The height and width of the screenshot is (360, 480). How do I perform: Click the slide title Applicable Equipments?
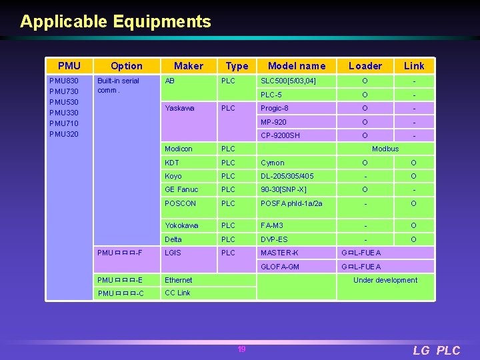click(115, 21)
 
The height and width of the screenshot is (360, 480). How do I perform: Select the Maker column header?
click(189, 65)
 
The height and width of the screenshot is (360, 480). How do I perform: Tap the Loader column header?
click(365, 65)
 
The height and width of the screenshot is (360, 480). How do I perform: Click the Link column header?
click(413, 65)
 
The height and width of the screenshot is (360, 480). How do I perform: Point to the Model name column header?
click(297, 65)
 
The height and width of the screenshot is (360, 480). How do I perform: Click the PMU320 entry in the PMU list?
click(64, 134)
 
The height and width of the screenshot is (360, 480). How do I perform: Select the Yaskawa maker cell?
click(179, 108)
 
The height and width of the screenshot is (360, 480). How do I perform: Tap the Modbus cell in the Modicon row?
click(385, 149)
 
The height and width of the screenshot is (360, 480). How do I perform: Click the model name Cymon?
click(273, 163)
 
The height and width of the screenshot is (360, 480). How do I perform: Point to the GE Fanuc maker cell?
click(181, 190)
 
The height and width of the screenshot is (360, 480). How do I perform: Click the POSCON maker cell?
click(181, 203)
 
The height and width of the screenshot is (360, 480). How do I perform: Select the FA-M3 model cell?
click(272, 225)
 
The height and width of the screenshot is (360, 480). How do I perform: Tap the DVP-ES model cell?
click(274, 239)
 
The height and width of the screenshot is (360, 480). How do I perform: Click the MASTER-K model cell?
click(280, 253)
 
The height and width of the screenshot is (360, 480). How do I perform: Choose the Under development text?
click(385, 280)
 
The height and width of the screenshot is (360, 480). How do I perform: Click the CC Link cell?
click(177, 293)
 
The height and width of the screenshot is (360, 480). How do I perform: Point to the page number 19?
click(241, 349)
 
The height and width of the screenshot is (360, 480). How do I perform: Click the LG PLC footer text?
click(436, 351)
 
